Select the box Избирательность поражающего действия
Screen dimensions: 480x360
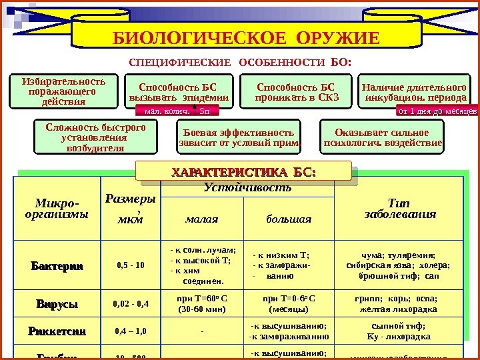pos(59,91)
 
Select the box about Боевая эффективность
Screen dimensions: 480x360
pos(238,137)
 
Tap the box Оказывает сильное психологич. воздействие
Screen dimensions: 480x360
pos(382,137)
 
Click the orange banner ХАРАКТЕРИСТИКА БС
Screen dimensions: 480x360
pos(243,173)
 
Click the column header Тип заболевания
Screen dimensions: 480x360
pos(398,208)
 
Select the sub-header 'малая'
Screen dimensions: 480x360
pos(202,219)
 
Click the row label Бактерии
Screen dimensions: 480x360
pos(57,265)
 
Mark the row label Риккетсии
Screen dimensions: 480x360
pos(57,331)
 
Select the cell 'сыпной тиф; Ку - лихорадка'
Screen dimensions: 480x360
pos(398,331)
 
